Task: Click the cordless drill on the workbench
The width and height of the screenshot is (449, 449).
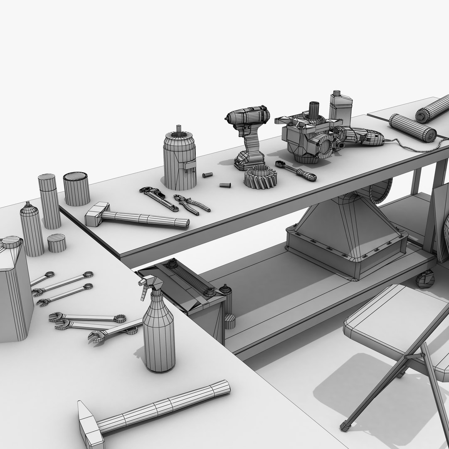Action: coord(247,125)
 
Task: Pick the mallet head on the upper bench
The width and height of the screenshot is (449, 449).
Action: coord(98,214)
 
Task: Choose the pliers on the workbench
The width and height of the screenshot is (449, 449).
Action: coord(191,204)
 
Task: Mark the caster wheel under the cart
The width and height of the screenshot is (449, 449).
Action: coord(425,279)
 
